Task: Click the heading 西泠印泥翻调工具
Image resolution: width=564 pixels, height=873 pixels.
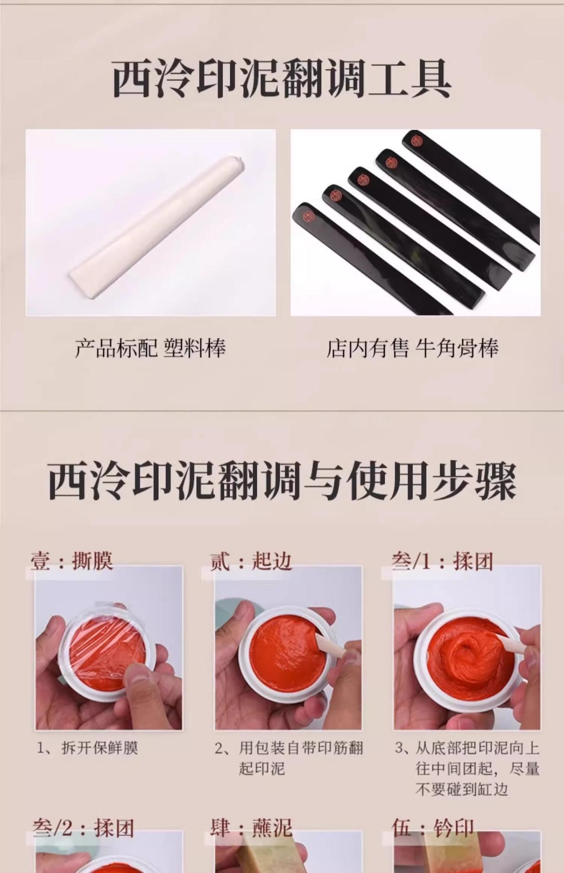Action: (282, 80)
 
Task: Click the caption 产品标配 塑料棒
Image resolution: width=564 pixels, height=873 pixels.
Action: (151, 348)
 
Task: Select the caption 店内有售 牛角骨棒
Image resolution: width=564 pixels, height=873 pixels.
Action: (413, 348)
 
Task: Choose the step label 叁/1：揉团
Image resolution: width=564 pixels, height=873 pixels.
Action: (442, 562)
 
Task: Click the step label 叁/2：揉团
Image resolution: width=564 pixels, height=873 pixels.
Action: (84, 828)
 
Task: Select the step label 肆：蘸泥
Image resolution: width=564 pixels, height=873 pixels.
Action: (251, 828)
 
